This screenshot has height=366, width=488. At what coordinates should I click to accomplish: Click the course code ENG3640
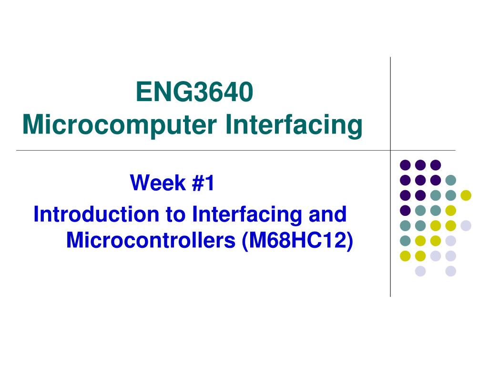tap(193, 92)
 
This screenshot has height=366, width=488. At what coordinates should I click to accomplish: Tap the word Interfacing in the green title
tap(294, 125)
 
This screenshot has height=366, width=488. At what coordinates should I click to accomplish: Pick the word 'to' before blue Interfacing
tap(176, 214)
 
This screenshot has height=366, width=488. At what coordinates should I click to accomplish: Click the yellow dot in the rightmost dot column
tap(466, 195)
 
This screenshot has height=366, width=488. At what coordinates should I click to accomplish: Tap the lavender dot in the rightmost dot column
tap(466, 225)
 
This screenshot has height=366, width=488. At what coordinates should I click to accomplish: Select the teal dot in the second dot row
tap(450, 180)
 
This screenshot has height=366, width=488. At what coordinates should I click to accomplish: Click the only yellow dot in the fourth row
tap(450, 210)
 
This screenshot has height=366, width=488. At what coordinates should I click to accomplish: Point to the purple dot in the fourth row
tap(405, 210)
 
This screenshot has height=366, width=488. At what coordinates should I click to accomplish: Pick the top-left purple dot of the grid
tap(405, 165)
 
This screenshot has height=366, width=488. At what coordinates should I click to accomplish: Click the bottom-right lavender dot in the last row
tap(450, 271)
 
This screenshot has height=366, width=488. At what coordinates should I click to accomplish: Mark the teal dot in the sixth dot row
tap(405, 241)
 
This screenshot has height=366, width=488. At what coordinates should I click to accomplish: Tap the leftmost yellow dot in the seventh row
tap(405, 256)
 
